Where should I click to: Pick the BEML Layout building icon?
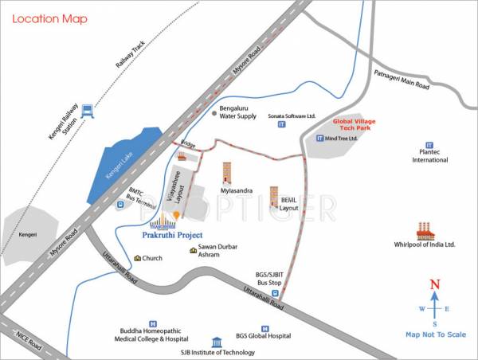274,195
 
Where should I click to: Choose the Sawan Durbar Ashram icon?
192,251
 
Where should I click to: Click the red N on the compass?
434,284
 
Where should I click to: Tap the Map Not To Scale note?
435,335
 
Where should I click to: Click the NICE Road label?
29,342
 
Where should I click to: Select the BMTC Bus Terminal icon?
119,204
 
